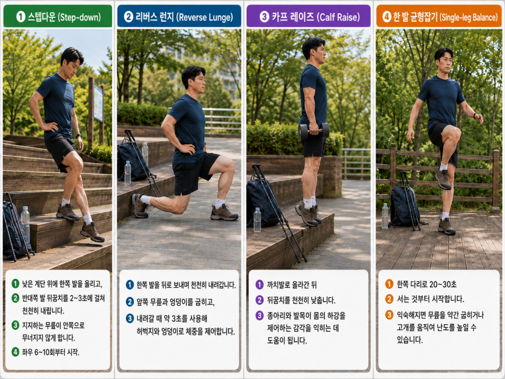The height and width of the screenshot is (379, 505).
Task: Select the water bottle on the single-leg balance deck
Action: (x=385, y=216)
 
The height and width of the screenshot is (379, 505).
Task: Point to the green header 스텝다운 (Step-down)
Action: (x=58, y=16)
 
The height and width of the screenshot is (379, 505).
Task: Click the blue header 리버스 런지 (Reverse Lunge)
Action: (x=179, y=16)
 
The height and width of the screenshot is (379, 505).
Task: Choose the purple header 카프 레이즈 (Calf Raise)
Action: (x=309, y=16)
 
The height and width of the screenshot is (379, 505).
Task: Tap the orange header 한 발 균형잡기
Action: (x=438, y=16)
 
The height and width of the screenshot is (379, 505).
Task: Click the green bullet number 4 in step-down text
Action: (x=15, y=351)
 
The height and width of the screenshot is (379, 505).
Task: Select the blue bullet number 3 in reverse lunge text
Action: (x=130, y=318)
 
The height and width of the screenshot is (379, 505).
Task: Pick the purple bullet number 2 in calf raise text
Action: (x=259, y=300)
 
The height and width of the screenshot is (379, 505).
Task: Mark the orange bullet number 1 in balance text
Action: (x=389, y=284)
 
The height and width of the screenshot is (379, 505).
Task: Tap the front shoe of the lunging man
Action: (x=224, y=213)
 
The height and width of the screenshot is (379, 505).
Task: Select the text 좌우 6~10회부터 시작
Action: (x=51, y=352)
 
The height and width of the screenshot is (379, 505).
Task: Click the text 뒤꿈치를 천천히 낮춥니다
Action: (x=301, y=301)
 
